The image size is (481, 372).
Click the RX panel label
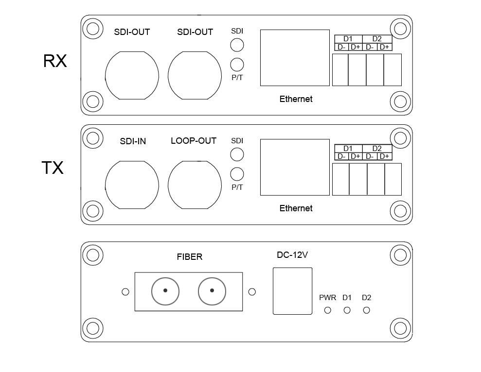[x=55, y=61]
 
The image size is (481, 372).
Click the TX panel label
[x=53, y=168]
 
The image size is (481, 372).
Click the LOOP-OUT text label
[x=193, y=141]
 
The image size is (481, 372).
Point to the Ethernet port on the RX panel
[x=295, y=58]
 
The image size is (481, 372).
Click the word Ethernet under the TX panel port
[x=296, y=208]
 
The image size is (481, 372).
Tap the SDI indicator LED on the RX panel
[x=237, y=45]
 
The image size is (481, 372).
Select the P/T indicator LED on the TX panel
[x=237, y=174]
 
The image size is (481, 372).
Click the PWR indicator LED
[x=327, y=310]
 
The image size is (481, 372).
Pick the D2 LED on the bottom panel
[x=366, y=310]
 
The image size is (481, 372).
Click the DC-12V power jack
[x=292, y=291]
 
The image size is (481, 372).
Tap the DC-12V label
[x=292, y=254]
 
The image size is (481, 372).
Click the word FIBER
[x=189, y=257]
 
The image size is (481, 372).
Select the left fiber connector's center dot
[x=165, y=291]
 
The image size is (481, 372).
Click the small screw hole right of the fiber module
[x=252, y=292]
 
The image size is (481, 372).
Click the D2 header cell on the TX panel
[x=377, y=149]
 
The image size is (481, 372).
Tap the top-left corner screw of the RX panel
[x=92, y=28]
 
